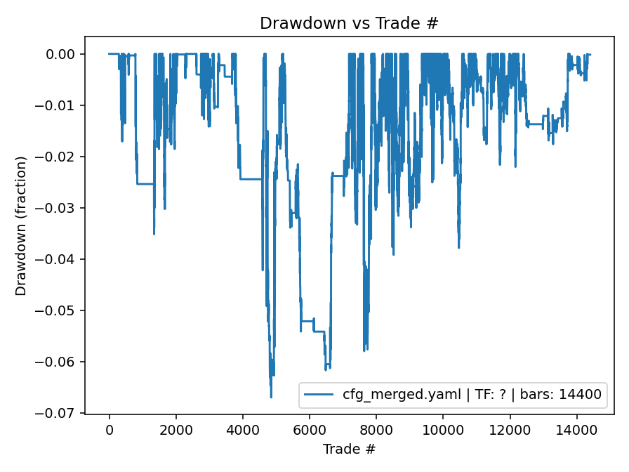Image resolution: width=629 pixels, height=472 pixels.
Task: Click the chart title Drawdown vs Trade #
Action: pyautogui.click(x=349, y=23)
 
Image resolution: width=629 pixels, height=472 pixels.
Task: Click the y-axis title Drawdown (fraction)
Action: pyautogui.click(x=21, y=225)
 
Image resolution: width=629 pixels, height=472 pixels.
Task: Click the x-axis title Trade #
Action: pyautogui.click(x=349, y=449)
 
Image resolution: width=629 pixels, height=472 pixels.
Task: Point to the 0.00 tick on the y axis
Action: pyautogui.click(x=62, y=55)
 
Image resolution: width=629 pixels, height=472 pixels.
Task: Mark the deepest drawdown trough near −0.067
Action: pyautogui.click(x=271, y=398)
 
